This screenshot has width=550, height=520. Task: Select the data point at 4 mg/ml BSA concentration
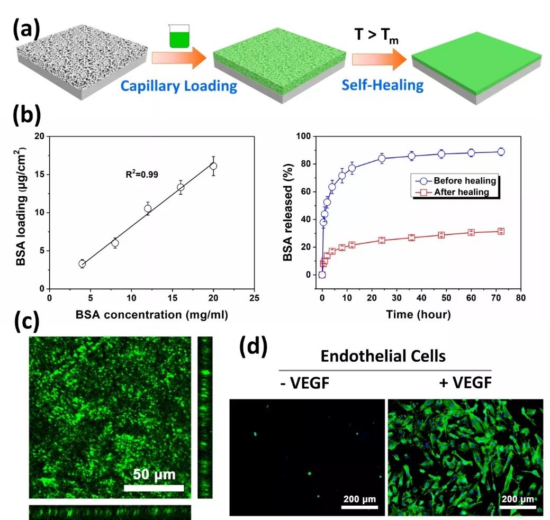point(82,263)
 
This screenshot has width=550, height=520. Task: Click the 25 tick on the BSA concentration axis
point(255,298)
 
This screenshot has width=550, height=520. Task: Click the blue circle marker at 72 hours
point(501,152)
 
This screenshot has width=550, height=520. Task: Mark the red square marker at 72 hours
point(501,231)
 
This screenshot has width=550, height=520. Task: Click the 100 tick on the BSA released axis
point(305,136)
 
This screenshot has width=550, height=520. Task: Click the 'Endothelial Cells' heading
point(383,356)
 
